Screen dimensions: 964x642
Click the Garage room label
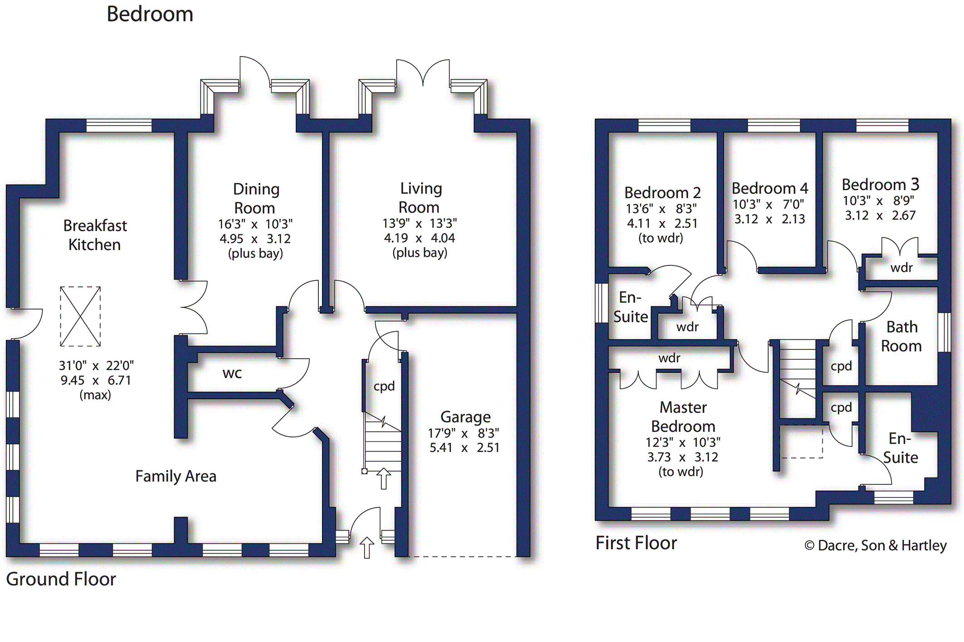tap(465, 417)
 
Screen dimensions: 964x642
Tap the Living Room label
tap(420, 198)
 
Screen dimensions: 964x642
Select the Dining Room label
tap(256, 198)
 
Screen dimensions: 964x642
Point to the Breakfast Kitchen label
tap(95, 235)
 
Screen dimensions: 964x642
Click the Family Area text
tap(175, 476)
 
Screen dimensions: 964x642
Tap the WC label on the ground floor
tap(232, 374)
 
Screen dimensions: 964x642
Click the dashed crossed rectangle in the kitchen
tap(80, 316)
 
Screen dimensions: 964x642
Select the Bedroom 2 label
tap(662, 193)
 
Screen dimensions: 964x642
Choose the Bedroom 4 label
tap(770, 188)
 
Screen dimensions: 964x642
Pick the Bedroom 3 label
tap(881, 185)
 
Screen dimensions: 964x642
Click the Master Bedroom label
tap(683, 417)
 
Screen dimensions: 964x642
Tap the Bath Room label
tap(901, 336)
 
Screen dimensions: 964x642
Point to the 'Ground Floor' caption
tap(61, 579)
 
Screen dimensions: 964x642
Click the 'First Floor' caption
tap(636, 543)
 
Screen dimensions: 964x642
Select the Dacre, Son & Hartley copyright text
tap(876, 545)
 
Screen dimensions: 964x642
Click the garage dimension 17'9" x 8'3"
tap(463, 433)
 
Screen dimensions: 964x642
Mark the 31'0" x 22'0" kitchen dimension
tap(96, 366)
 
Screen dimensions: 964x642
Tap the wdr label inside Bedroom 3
tap(901, 268)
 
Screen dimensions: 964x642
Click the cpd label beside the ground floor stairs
tap(384, 386)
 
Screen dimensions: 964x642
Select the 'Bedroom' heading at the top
tap(150, 14)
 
